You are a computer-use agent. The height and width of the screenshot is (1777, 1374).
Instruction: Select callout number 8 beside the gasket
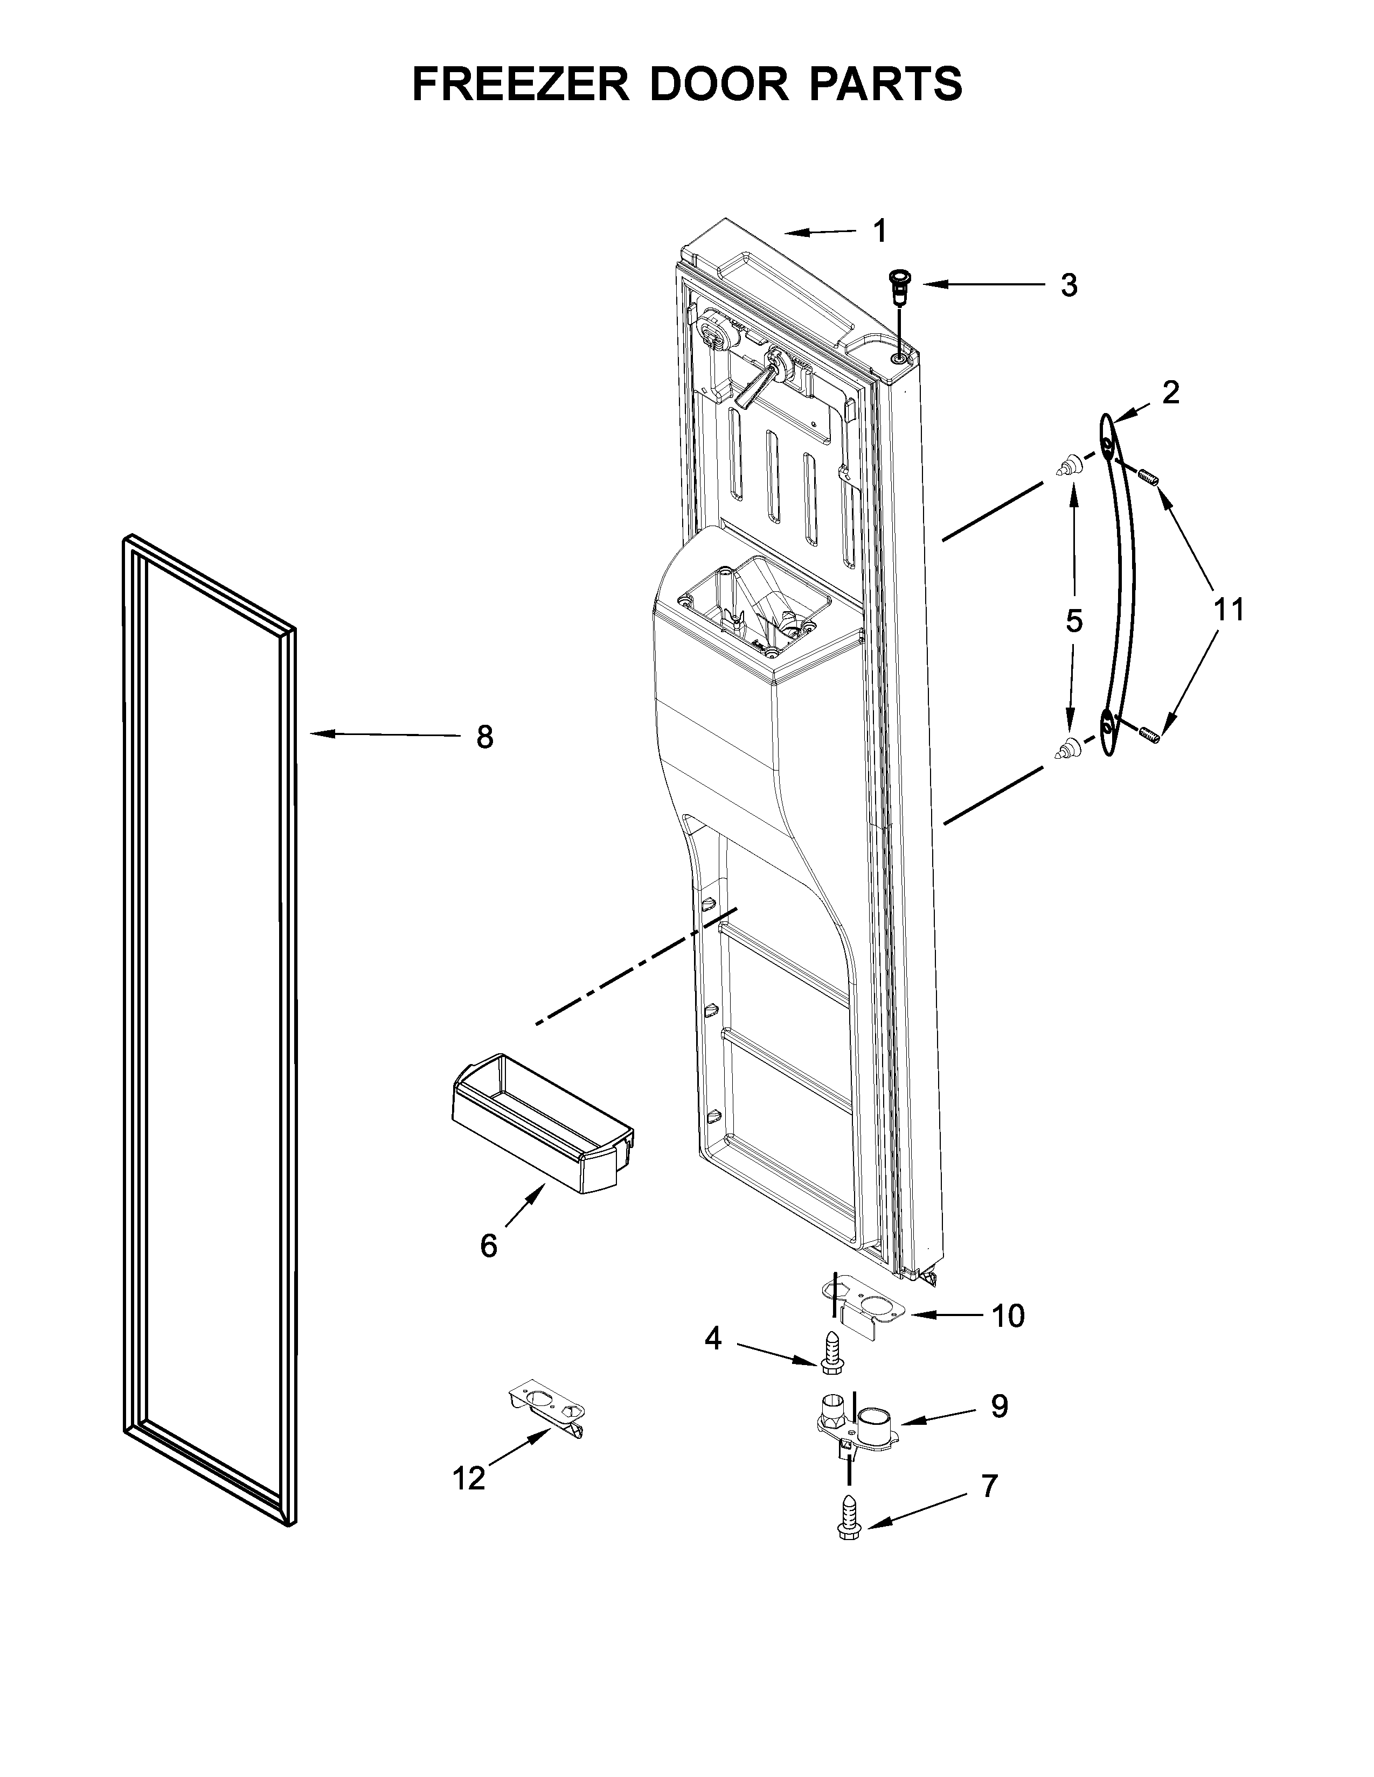click(484, 737)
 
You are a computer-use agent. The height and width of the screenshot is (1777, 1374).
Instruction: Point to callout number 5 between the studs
click(1074, 621)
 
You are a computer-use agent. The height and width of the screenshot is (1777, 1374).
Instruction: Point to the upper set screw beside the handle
click(1148, 478)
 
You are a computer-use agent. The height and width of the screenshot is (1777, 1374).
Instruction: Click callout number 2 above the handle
click(1170, 394)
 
